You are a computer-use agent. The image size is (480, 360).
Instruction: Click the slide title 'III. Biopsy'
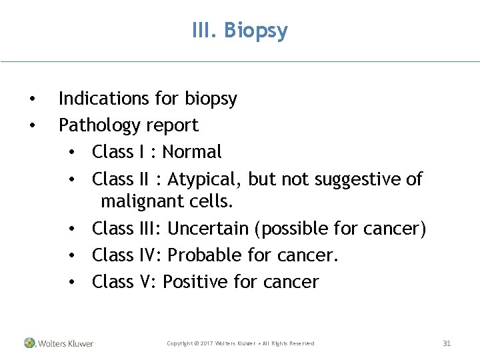click(x=239, y=31)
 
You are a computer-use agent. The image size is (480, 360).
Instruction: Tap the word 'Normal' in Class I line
click(x=192, y=152)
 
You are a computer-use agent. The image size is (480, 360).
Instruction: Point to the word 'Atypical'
click(x=205, y=179)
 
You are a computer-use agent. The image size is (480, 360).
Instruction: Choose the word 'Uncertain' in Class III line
click(x=208, y=229)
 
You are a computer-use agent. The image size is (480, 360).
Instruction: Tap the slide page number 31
click(x=447, y=343)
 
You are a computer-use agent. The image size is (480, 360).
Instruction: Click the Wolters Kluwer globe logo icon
click(x=29, y=343)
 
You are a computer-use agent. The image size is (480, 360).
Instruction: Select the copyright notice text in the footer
click(x=240, y=343)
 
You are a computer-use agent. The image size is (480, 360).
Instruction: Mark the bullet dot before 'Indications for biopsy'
click(x=32, y=100)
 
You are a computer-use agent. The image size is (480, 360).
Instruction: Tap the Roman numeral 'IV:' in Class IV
click(x=151, y=255)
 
